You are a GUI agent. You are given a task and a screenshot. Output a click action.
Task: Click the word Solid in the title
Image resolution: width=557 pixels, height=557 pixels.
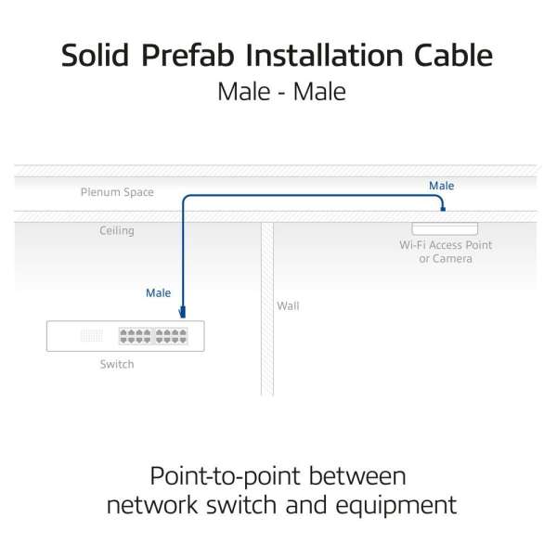tap(95, 55)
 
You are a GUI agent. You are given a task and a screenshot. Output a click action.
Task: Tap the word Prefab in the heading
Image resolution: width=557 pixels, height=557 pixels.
tap(188, 55)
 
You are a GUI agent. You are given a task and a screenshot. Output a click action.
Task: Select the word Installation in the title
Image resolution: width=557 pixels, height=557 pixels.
tap(324, 55)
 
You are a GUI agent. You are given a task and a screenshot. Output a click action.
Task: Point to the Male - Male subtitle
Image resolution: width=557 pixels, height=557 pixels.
tap(281, 92)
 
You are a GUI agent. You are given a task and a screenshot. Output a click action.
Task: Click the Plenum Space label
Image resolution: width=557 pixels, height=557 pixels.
tap(117, 192)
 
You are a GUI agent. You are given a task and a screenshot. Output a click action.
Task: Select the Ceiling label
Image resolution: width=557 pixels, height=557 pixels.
tap(117, 231)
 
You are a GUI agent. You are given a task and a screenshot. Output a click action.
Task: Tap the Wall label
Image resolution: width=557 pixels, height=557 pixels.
tap(288, 305)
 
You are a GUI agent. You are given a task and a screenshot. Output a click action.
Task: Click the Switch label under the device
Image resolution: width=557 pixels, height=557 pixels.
tap(117, 364)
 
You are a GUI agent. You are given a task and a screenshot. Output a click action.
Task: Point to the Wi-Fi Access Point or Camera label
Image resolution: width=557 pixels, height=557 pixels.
tap(446, 252)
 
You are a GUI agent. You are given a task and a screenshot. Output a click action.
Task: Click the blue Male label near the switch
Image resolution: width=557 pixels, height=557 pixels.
tap(159, 293)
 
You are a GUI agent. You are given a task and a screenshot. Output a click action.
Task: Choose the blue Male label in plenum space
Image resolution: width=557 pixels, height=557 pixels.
tap(442, 186)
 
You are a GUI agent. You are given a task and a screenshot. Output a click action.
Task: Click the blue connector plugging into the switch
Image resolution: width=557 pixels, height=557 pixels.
tap(183, 312)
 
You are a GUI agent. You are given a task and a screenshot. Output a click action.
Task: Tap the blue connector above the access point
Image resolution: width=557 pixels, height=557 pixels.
tap(443, 209)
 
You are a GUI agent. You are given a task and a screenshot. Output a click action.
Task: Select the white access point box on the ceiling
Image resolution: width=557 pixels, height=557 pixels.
tap(445, 228)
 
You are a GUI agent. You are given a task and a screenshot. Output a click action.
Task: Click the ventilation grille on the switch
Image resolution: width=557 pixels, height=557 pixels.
tap(92, 336)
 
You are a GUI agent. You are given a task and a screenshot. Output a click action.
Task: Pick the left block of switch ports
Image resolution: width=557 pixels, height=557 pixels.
tap(136, 336)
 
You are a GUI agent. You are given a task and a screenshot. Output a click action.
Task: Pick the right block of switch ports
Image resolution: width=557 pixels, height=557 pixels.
tap(171, 336)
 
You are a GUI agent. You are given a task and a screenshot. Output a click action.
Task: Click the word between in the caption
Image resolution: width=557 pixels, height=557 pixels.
tap(357, 476)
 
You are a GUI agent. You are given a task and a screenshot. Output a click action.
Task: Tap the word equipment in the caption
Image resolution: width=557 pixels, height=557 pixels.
tap(396, 506)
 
